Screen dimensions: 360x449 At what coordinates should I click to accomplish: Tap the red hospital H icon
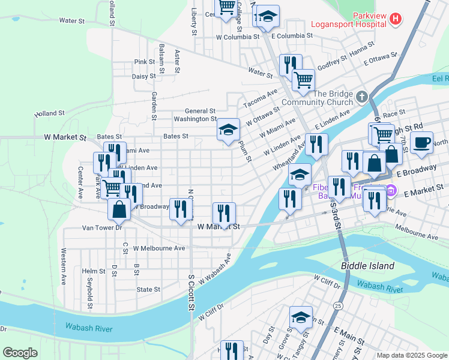[x=395, y=19]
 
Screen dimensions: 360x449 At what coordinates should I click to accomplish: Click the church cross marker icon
[x=361, y=97]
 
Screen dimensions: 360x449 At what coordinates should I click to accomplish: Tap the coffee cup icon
[x=422, y=142]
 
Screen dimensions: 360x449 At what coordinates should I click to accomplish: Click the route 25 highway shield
[x=339, y=306]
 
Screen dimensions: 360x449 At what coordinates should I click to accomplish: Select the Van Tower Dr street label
[x=102, y=228]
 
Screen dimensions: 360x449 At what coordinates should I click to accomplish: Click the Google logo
[x=20, y=353]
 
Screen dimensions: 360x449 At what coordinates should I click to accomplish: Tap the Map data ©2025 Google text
[x=411, y=355]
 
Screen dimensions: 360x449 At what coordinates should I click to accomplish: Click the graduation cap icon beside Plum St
[x=228, y=130]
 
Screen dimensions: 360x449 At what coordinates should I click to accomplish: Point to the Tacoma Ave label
[x=261, y=98]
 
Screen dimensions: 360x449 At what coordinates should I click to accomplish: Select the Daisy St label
[x=144, y=76]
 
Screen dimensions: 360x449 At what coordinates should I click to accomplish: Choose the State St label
[x=148, y=289]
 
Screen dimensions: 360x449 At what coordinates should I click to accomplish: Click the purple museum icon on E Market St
[x=391, y=191]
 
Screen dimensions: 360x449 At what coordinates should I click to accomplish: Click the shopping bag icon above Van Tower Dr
[x=119, y=209]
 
